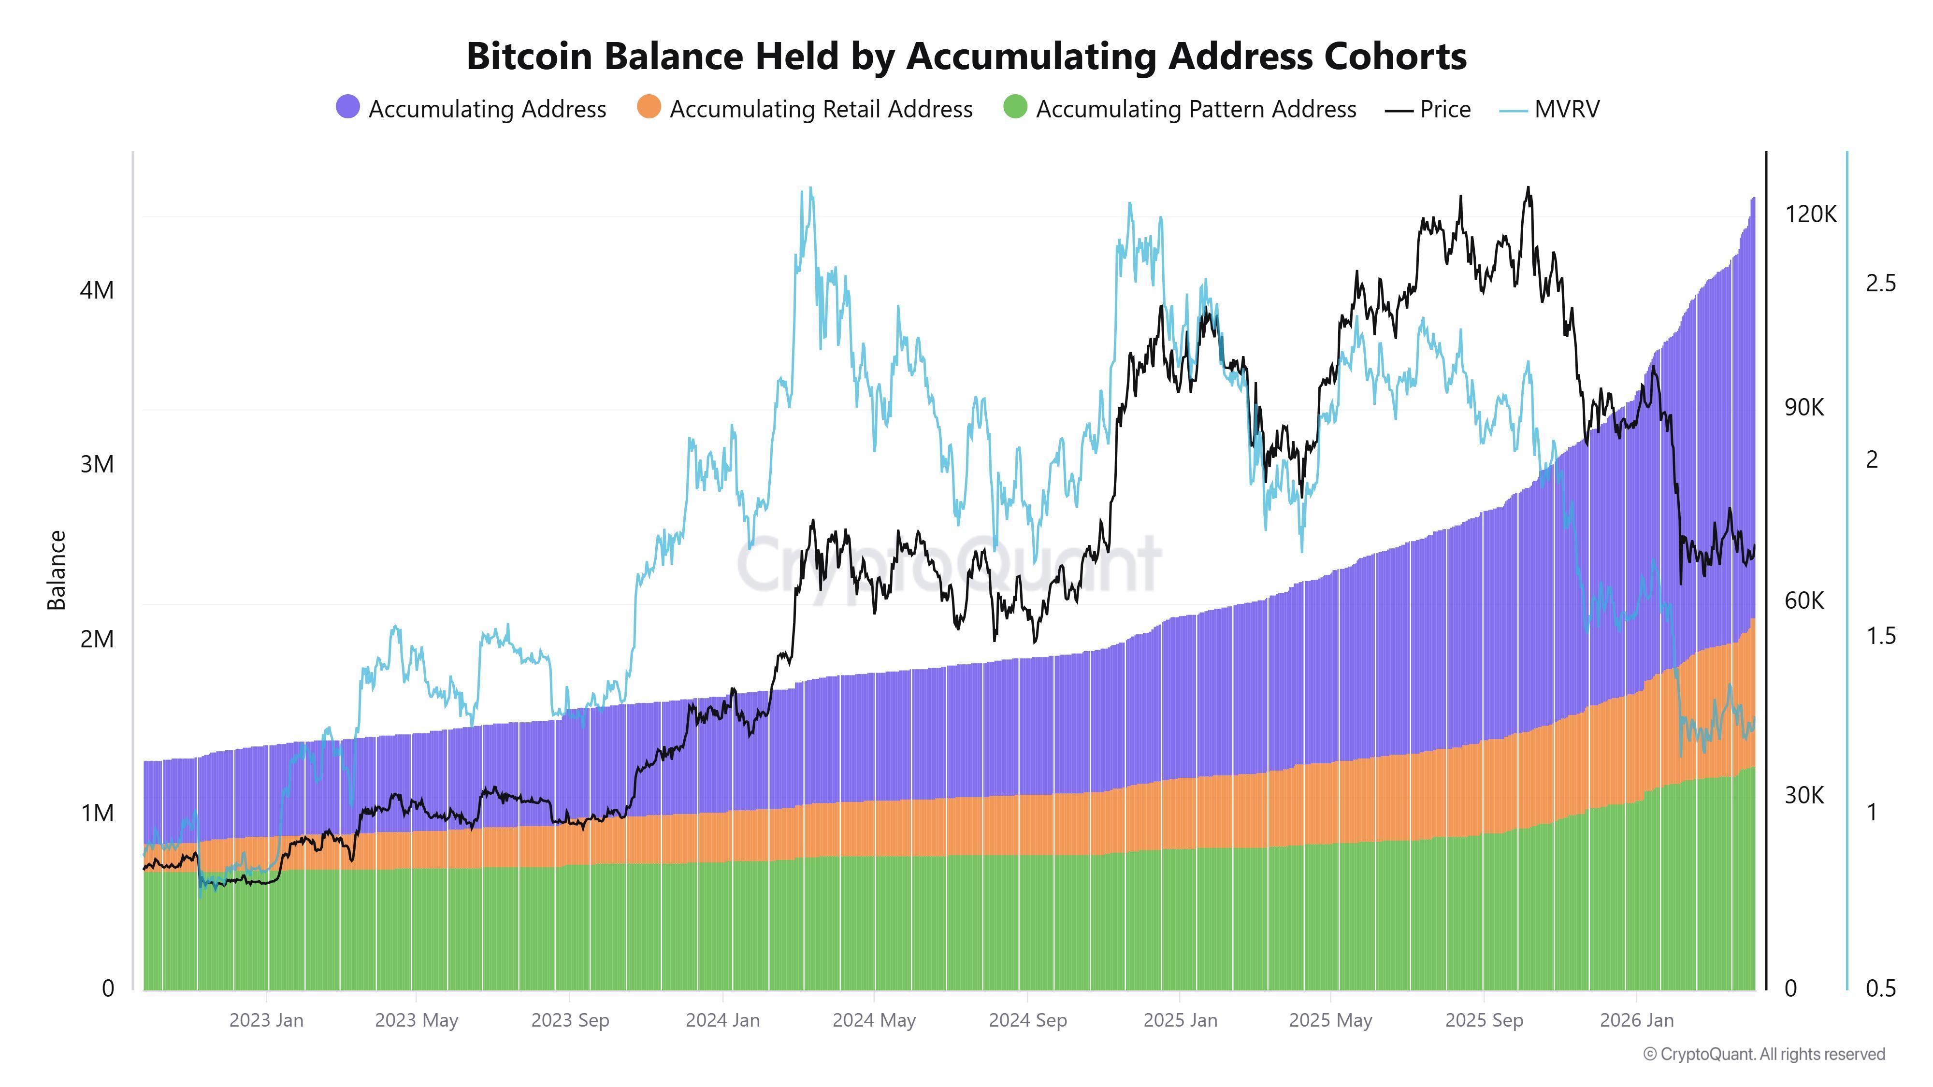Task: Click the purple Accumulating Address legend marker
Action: tap(347, 107)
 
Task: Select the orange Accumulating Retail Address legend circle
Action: tap(649, 107)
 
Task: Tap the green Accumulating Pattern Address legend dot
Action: tap(1014, 107)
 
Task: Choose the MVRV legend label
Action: tap(1567, 110)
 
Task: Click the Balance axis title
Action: tap(57, 570)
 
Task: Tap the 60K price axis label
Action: tap(1804, 601)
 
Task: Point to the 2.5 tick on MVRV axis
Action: tap(1880, 284)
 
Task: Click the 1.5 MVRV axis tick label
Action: tap(1880, 636)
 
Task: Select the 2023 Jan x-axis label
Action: tap(266, 1020)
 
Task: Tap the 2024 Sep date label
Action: tap(1027, 1020)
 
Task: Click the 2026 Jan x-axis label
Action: tap(1637, 1020)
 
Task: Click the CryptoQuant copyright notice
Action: tap(1763, 1054)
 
